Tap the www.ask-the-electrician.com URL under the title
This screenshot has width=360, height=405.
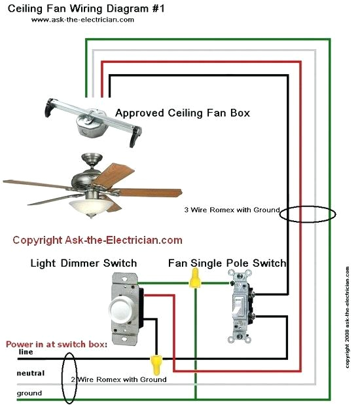click(82, 20)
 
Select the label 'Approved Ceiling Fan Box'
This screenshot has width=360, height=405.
click(183, 113)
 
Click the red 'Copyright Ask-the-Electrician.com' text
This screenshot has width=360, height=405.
click(98, 240)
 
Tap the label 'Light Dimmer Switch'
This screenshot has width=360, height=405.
click(84, 263)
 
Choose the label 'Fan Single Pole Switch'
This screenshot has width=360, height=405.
click(227, 263)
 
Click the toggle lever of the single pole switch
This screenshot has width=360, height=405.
click(239, 305)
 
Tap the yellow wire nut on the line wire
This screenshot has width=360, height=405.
click(156, 362)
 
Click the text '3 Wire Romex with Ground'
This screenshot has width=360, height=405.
click(232, 210)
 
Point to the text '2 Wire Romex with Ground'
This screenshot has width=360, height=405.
click(118, 379)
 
